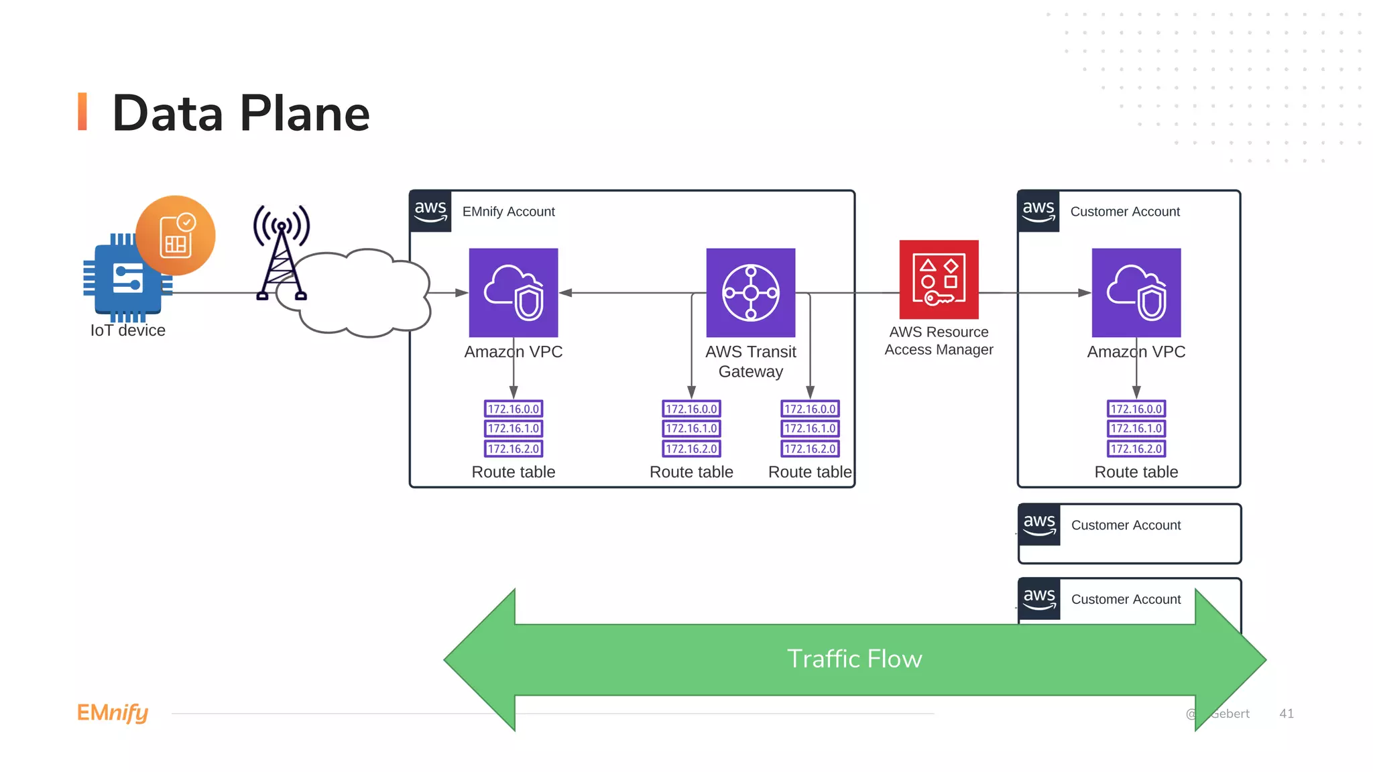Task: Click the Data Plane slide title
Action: [x=240, y=113]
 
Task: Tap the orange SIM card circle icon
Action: [x=176, y=235]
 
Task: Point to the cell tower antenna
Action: [x=282, y=252]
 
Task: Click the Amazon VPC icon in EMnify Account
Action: [x=514, y=293]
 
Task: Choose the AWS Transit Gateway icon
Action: [x=750, y=293]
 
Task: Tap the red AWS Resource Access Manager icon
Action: [x=939, y=279]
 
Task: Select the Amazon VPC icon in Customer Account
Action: [x=1136, y=293]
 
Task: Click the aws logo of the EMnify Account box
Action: [x=430, y=211]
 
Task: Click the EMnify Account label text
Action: [x=508, y=212]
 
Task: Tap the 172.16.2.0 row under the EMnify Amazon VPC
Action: [x=514, y=448]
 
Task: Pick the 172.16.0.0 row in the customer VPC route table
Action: [x=1136, y=409]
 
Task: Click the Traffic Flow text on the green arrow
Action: [x=854, y=659]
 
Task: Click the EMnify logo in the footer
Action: [x=113, y=712]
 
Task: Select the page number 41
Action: [x=1286, y=714]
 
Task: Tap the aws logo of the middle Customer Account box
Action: [x=1039, y=525]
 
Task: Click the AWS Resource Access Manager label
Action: [x=939, y=340]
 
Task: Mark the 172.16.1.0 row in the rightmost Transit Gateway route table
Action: [x=810, y=428]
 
